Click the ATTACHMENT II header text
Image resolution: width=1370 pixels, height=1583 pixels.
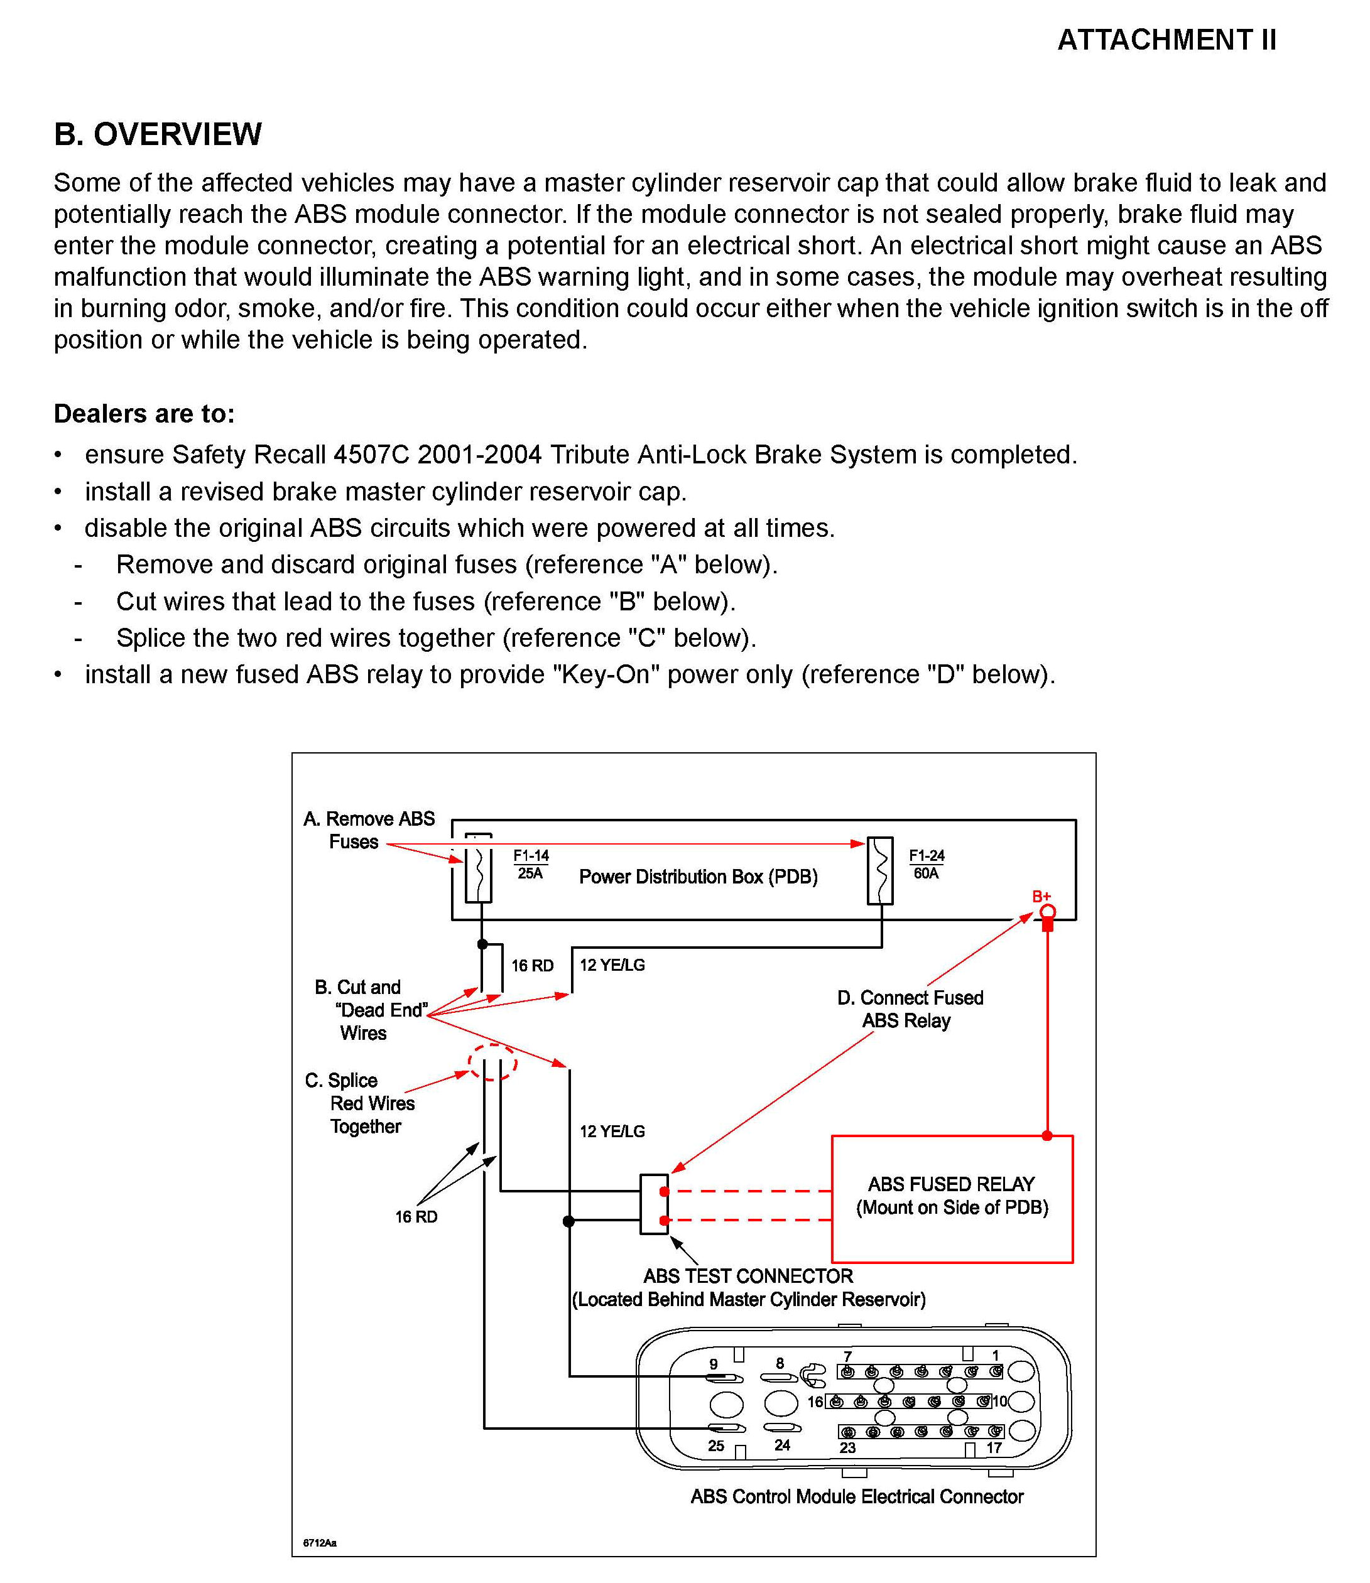click(x=1166, y=40)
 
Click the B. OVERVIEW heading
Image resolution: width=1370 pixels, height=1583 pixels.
click(x=158, y=134)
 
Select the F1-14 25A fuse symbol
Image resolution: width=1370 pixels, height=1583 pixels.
click(x=479, y=869)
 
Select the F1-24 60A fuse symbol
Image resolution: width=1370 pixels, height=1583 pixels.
click(x=880, y=870)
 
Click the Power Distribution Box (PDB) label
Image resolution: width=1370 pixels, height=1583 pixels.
click(x=698, y=877)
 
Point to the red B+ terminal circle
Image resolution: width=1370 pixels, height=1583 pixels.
click(x=1047, y=911)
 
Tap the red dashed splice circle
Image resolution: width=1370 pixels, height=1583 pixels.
click(x=492, y=1062)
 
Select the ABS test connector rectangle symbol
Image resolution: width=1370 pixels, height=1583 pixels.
click(x=654, y=1204)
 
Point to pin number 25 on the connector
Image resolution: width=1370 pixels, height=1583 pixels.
click(x=715, y=1445)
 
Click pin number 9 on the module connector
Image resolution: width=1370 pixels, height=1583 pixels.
click(x=714, y=1364)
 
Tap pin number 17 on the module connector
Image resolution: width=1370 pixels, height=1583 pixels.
click(x=994, y=1448)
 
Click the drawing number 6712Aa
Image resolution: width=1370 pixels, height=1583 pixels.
click(x=320, y=1542)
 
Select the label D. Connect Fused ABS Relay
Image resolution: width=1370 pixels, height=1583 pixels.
click(x=910, y=1009)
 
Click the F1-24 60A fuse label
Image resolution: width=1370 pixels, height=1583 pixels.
click(x=927, y=865)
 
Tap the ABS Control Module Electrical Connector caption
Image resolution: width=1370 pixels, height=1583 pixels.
click(x=856, y=1496)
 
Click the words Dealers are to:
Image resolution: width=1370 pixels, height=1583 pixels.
click(x=144, y=414)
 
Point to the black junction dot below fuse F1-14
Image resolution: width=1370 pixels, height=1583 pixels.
click(x=482, y=944)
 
